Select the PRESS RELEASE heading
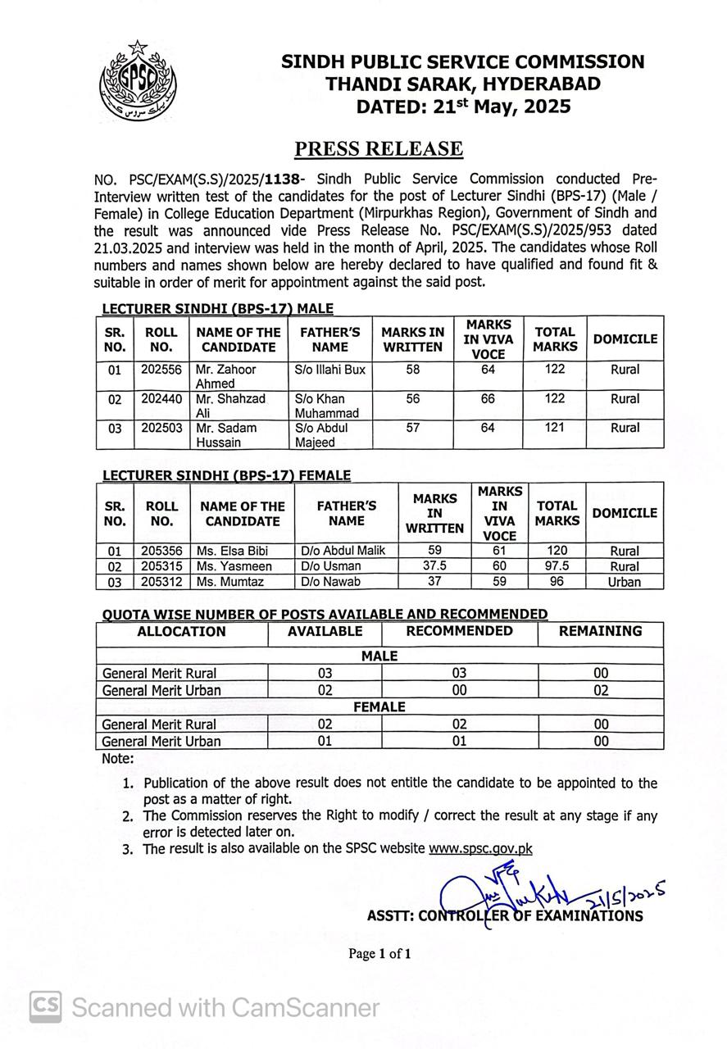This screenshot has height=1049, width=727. [379, 148]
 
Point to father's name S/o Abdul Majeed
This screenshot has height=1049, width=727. [321, 435]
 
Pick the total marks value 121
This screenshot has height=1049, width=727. [554, 428]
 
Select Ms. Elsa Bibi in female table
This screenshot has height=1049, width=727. [232, 551]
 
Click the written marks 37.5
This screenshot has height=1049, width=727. [434, 566]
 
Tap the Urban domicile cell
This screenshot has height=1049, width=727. [624, 582]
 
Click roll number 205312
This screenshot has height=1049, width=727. [161, 582]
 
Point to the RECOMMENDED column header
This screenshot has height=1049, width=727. [459, 631]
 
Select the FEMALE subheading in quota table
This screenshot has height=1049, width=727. [379, 706]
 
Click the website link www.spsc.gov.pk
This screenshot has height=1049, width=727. [480, 848]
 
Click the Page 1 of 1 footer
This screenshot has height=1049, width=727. [379, 953]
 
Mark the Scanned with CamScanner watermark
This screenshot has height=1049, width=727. [205, 1006]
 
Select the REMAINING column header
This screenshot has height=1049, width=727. [600, 631]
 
